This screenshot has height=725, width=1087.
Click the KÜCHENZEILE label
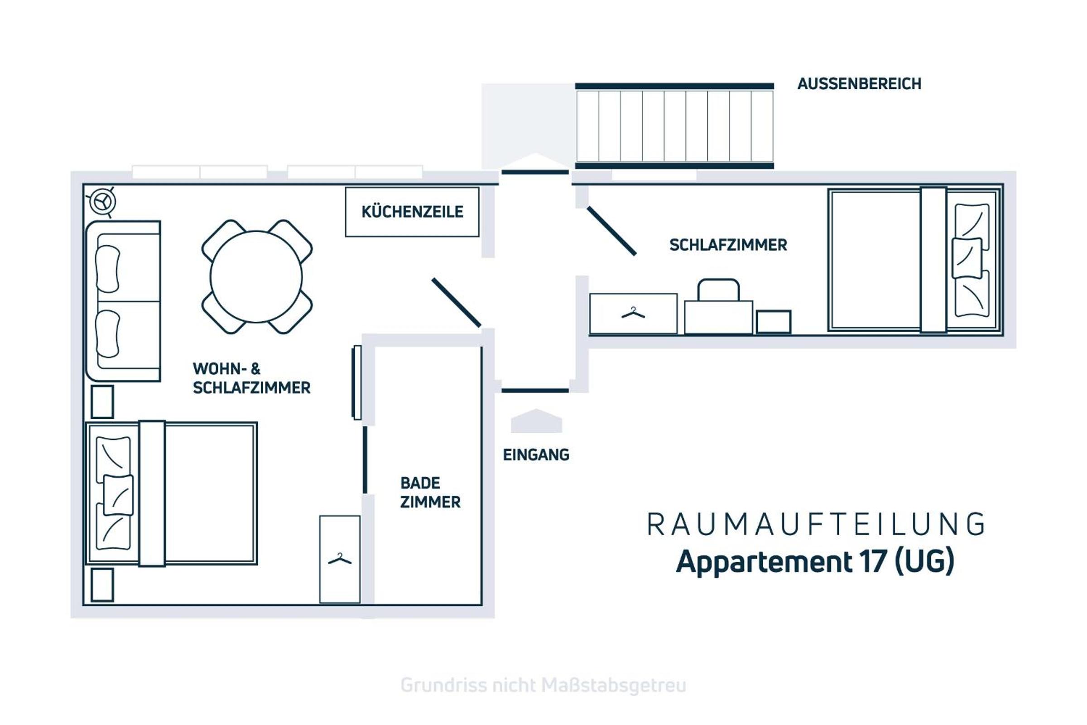tap(412, 212)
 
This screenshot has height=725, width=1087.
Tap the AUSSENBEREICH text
tap(859, 84)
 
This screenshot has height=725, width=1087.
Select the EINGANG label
tap(536, 455)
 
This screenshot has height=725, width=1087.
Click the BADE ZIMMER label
tap(430, 493)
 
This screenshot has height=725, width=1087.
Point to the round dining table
tap(256, 276)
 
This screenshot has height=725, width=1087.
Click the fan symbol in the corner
tap(102, 202)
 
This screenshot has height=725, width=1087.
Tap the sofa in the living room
tap(123, 301)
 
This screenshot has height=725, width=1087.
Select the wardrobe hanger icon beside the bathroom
tap(340, 560)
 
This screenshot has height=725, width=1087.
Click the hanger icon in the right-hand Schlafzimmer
tap(633, 313)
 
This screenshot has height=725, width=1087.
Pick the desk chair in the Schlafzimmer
tap(718, 290)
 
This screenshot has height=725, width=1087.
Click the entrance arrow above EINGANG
tap(536, 421)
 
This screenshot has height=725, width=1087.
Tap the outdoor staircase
tap(674, 126)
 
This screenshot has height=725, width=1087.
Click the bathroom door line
tap(365, 459)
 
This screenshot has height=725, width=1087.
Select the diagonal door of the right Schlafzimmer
tap(612, 231)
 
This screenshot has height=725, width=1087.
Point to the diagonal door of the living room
tap(457, 303)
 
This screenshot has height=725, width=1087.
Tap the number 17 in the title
tap(874, 562)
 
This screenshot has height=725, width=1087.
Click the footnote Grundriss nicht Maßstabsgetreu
tap(543, 685)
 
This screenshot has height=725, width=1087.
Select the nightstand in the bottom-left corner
tap(102, 585)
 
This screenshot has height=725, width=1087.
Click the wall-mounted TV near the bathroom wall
tap(356, 382)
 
